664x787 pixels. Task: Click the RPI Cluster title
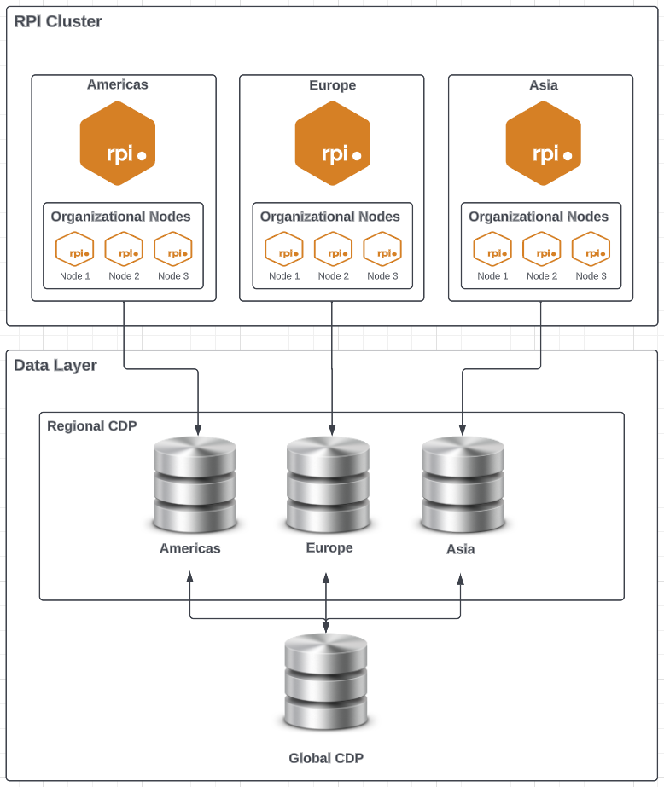58,21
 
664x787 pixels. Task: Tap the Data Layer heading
55,366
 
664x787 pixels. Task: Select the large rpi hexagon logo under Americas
118,143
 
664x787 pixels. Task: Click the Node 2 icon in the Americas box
124,251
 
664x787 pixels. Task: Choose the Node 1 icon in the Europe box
284,251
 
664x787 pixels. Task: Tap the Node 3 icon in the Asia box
591,251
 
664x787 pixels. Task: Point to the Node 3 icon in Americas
173,251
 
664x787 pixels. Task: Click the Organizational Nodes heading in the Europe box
330,217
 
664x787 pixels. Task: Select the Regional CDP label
91,425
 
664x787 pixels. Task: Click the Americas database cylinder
195,483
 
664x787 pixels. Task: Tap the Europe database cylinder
328,483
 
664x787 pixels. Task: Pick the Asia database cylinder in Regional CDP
463,483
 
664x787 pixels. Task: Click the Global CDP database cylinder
325,682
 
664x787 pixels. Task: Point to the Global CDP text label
326,758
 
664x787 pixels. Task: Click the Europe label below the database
329,547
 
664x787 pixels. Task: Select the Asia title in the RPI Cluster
544,85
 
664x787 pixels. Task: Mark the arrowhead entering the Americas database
198,429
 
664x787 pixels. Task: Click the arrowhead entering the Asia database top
463,429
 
